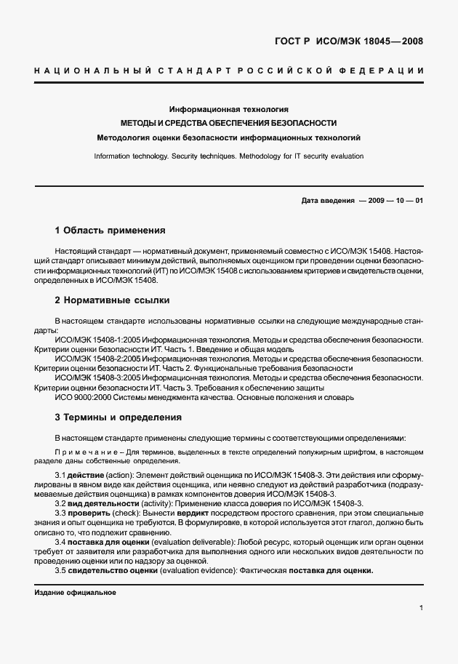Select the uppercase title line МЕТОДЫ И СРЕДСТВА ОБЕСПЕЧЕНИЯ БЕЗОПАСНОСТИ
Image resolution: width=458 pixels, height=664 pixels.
pos(228,123)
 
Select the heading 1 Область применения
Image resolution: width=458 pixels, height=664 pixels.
pos(111,231)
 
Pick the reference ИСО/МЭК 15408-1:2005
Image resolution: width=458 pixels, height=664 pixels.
pos(98,339)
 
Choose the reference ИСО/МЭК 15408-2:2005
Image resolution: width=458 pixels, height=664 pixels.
pos(98,359)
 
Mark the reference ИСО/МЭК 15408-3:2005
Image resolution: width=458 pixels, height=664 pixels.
pos(98,378)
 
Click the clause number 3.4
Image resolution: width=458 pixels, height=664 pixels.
pos(61,543)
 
